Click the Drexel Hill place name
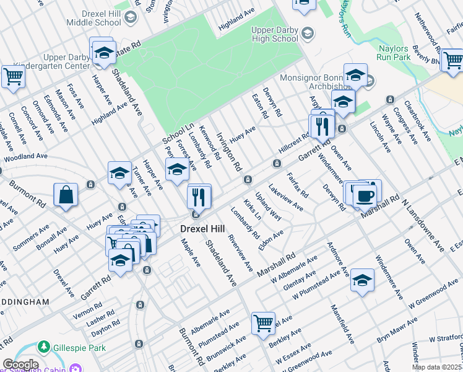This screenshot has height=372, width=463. pos(201,228)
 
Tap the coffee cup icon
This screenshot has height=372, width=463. pos(364,195)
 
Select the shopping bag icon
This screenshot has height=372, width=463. pos(66,195)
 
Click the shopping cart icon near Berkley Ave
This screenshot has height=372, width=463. pos(263,323)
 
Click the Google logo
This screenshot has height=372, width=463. pos(20,365)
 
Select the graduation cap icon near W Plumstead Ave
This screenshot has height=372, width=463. pos(362,280)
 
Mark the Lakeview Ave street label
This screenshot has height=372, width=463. pos(285,197)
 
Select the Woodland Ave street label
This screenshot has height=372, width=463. pos(25,157)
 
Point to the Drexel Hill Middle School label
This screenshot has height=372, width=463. pos(94,17)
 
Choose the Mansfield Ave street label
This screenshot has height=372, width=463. pos(342,323)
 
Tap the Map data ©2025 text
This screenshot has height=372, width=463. pos(436,367)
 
